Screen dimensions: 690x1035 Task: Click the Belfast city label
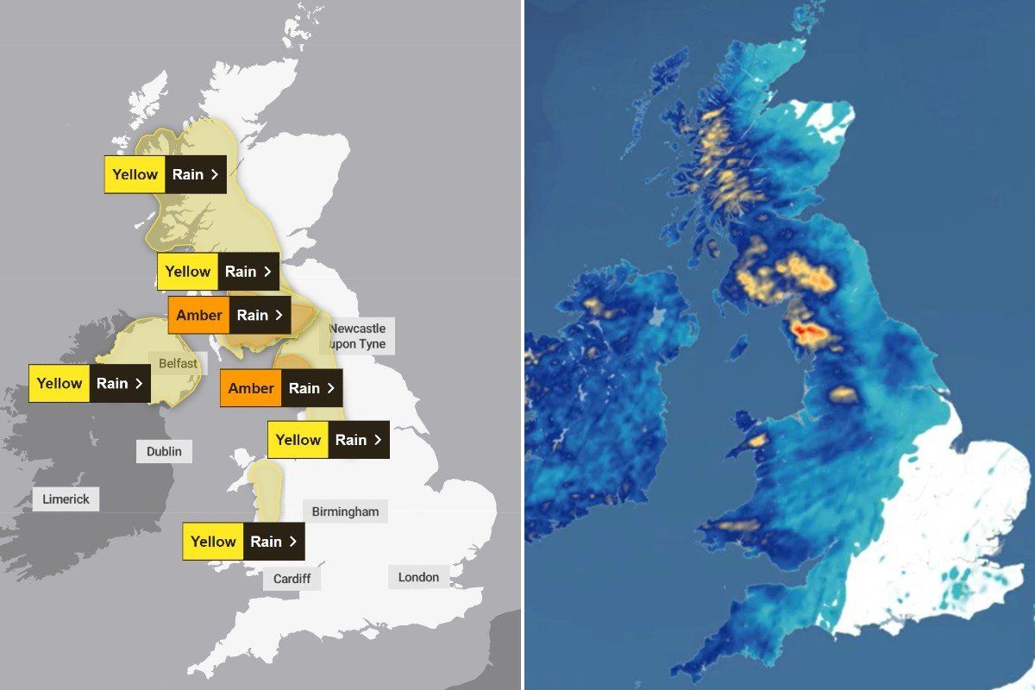(x=178, y=363)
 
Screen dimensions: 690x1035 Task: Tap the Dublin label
(x=164, y=451)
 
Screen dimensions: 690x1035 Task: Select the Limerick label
(x=66, y=499)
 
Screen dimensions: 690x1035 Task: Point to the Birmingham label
(x=345, y=511)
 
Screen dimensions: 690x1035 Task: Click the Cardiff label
(x=292, y=578)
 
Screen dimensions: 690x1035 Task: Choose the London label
(x=418, y=577)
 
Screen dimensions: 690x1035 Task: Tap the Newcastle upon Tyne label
(x=357, y=336)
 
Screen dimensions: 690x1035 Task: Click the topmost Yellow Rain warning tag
(x=166, y=174)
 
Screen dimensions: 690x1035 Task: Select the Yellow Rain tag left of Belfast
(x=90, y=384)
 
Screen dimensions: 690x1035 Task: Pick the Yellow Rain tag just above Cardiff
(x=243, y=542)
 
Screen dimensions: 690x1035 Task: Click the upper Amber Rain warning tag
(x=229, y=315)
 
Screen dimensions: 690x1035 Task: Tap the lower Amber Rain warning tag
(x=281, y=388)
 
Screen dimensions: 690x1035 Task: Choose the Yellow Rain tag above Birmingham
(x=329, y=440)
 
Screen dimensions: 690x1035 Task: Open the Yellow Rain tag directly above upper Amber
(x=218, y=272)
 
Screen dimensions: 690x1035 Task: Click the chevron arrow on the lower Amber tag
(x=329, y=388)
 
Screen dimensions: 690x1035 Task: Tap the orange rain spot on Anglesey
(x=757, y=440)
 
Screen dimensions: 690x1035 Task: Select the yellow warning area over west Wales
(x=265, y=489)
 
